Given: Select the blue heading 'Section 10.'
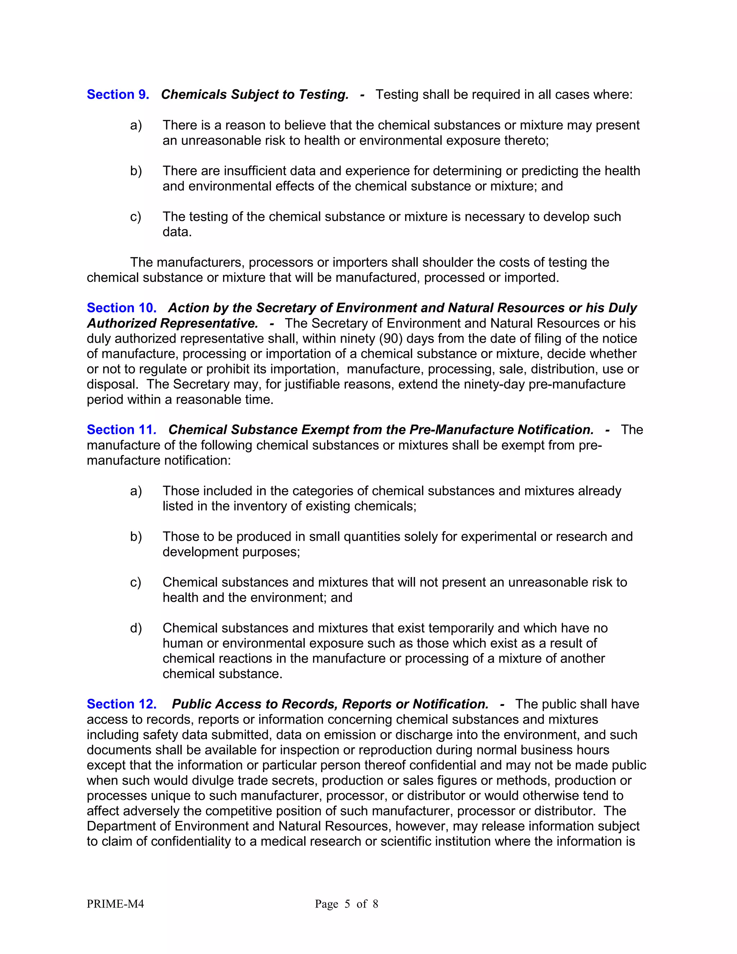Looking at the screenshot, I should point(121,308).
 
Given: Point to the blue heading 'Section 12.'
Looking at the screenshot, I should point(121,704).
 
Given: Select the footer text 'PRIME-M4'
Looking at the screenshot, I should point(115,904).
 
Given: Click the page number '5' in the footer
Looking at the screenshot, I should point(347,904).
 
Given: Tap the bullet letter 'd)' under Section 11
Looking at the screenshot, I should point(136,628).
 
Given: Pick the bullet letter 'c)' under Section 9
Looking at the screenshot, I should point(135,217).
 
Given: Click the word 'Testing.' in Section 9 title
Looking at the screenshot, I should point(324,95).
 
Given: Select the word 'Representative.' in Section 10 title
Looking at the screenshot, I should point(209,323).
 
